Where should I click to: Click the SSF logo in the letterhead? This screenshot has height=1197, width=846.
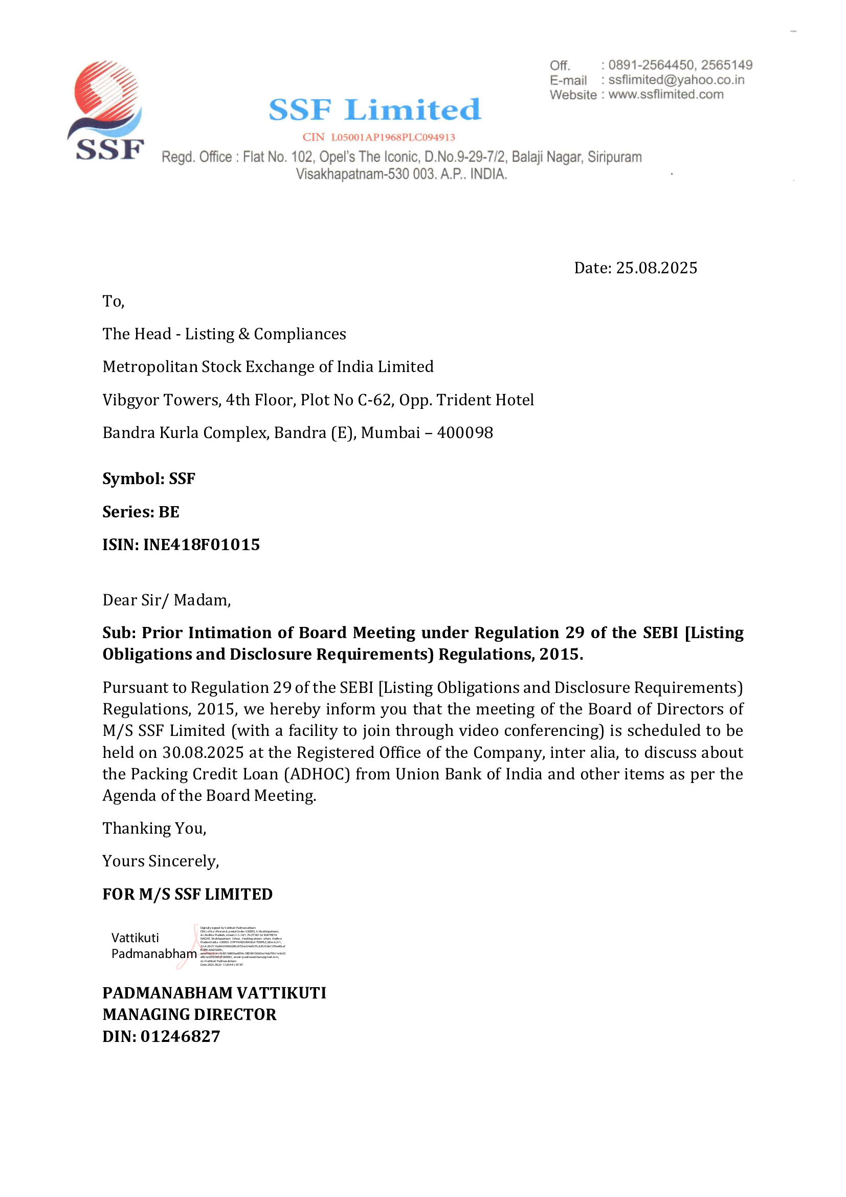106,111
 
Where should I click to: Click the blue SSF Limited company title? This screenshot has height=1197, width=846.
374,110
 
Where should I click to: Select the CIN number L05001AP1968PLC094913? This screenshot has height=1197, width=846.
393,138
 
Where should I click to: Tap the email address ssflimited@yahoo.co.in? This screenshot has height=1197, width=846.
676,80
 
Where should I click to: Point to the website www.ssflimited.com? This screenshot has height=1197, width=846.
666,94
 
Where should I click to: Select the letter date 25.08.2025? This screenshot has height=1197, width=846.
656,268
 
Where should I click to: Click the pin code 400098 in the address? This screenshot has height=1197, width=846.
464,433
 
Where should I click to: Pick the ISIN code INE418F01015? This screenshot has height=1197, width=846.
202,545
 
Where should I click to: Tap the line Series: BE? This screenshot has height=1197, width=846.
141,512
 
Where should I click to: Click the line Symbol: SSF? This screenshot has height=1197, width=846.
148,478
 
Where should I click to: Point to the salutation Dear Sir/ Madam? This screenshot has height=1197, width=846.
166,600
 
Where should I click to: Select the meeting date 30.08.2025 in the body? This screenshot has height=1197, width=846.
203,752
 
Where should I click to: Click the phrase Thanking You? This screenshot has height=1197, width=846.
154,829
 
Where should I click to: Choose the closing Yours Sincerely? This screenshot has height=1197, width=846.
161,861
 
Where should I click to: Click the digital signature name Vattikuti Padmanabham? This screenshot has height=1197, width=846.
153,946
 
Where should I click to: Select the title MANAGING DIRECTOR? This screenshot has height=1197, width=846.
189,1014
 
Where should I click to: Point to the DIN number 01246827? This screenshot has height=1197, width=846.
180,1036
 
